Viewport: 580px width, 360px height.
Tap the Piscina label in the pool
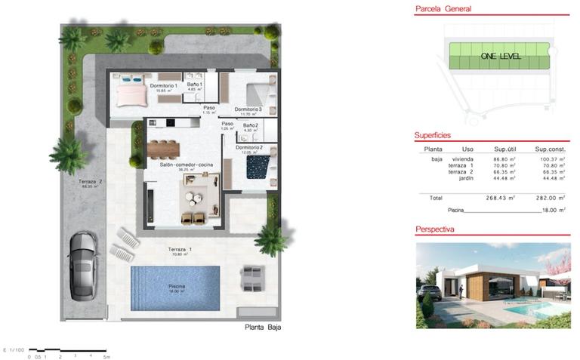click(x=176, y=287)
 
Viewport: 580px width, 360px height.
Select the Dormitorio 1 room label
click(x=163, y=86)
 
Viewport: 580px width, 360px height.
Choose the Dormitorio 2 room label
click(x=248, y=147)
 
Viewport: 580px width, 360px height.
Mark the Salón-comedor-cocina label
click(x=181, y=165)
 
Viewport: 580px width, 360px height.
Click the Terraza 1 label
click(x=180, y=249)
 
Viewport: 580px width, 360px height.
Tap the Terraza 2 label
click(x=90, y=182)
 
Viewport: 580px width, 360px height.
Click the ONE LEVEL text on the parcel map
click(x=501, y=57)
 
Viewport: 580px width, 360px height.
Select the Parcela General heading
click(x=443, y=10)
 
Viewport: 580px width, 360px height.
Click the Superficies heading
click(x=433, y=135)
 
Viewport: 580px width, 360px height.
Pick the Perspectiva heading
click(x=434, y=229)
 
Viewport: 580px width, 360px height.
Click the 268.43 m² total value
click(x=500, y=198)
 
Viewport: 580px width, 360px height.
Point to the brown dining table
click(x=165, y=147)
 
